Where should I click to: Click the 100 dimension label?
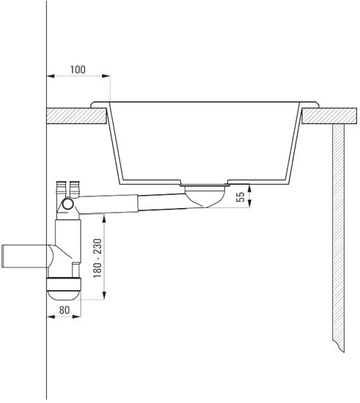click(x=78, y=70)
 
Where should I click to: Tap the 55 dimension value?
click(x=241, y=197)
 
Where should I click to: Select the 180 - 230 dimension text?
click(x=98, y=258)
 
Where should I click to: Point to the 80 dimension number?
click(x=65, y=310)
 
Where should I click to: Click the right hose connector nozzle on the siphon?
click(x=74, y=189)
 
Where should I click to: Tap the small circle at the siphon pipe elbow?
click(x=68, y=204)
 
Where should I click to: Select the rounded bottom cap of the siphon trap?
click(x=64, y=289)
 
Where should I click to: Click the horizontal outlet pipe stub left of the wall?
click(x=25, y=256)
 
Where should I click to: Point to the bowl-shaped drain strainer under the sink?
click(x=205, y=196)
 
